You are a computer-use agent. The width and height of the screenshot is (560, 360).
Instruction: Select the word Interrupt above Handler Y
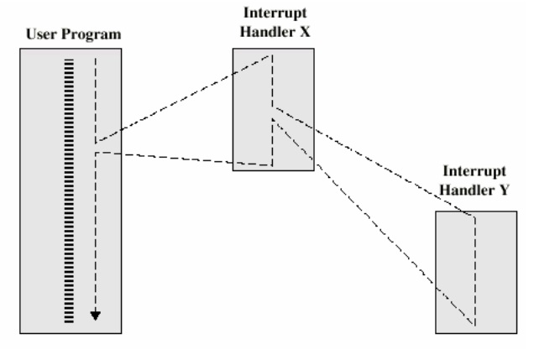click(x=475, y=169)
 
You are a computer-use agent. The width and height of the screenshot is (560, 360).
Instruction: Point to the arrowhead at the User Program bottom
click(x=96, y=316)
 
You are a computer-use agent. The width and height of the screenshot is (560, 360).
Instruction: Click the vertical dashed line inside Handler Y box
click(x=476, y=269)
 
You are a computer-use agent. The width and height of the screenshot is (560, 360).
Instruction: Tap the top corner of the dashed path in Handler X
click(x=272, y=55)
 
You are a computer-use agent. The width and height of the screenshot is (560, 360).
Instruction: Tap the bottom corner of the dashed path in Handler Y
click(x=476, y=325)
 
